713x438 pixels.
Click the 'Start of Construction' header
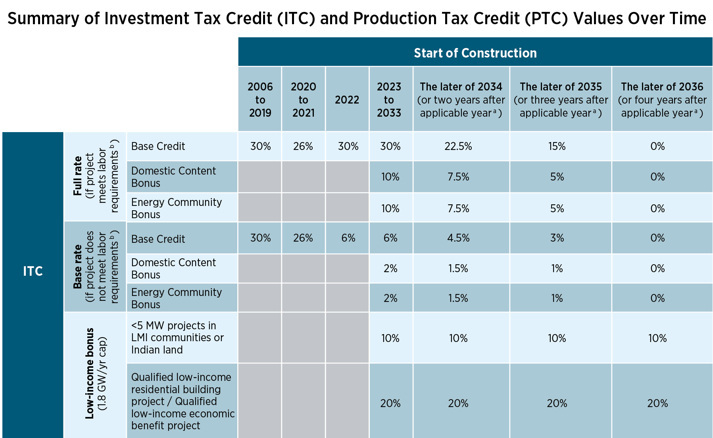[x=475, y=53]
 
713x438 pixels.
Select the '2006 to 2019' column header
[x=260, y=100]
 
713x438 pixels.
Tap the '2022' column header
[x=347, y=100]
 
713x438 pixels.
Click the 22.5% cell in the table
[x=458, y=146]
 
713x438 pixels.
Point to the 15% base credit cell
[x=557, y=146]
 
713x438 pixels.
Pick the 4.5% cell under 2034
[x=458, y=238]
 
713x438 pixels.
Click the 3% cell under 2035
[x=557, y=238]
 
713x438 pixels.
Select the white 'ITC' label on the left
[x=33, y=271]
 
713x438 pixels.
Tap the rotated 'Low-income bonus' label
[x=90, y=373]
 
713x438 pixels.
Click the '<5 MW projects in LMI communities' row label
[x=177, y=338]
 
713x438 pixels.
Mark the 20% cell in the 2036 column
[x=657, y=403]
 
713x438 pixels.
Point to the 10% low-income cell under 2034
[x=458, y=338]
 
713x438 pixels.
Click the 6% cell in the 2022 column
[x=348, y=238]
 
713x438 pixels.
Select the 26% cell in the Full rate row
[x=303, y=146]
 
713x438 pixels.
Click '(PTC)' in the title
[x=546, y=19]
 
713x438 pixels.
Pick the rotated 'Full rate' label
[x=78, y=176]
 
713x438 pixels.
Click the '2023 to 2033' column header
[x=389, y=100]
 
